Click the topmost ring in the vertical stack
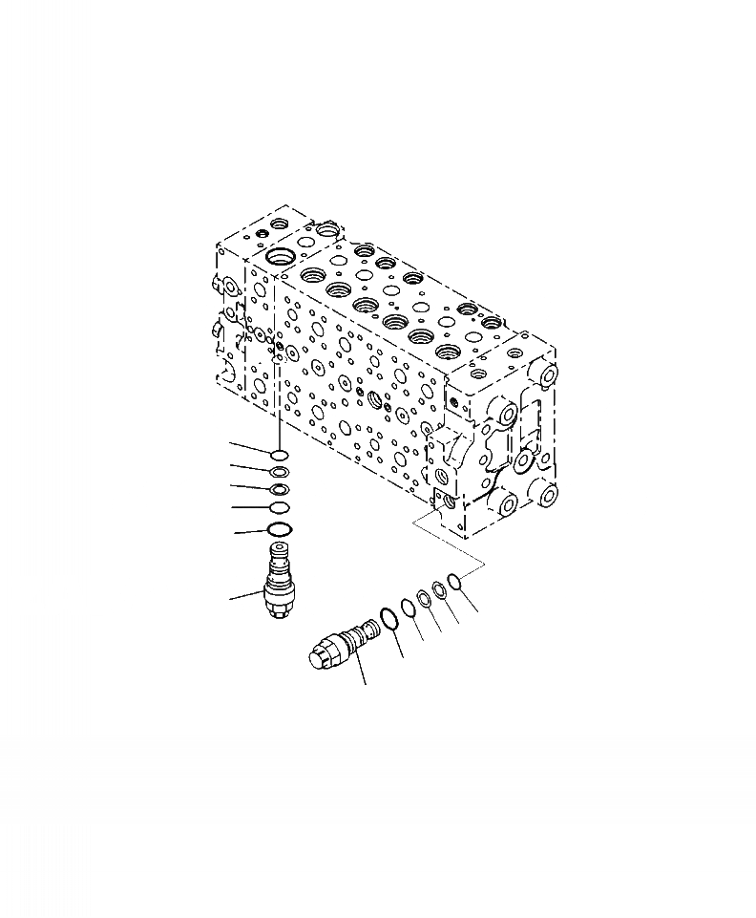(279, 456)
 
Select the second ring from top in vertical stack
(279, 473)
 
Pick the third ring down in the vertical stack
(279, 490)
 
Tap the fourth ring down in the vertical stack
(279, 507)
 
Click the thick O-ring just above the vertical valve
(279, 529)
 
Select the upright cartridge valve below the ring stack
(279, 585)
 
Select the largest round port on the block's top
(283, 258)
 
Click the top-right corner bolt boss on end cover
(547, 374)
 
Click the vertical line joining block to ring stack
(278, 401)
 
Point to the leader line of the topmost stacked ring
(250, 449)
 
